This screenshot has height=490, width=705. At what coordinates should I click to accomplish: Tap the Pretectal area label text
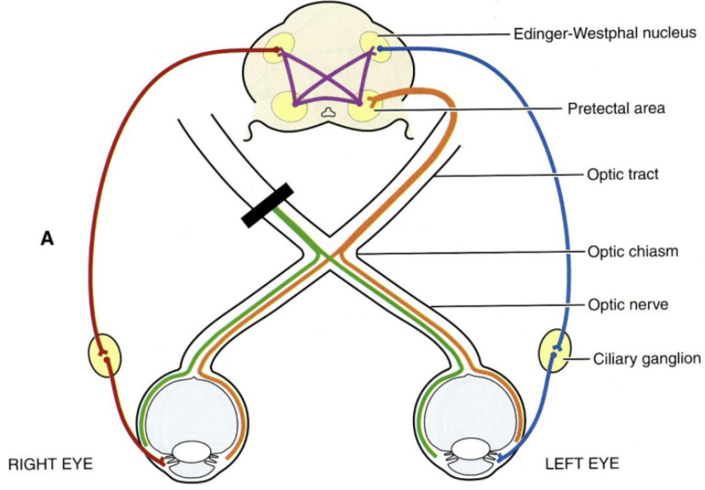click(616, 109)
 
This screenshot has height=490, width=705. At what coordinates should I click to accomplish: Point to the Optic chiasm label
click(629, 252)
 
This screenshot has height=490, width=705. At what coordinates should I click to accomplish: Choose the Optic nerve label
click(625, 304)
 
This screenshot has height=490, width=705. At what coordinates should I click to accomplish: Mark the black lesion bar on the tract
click(267, 205)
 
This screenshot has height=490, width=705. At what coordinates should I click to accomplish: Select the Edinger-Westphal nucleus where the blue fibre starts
click(374, 48)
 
